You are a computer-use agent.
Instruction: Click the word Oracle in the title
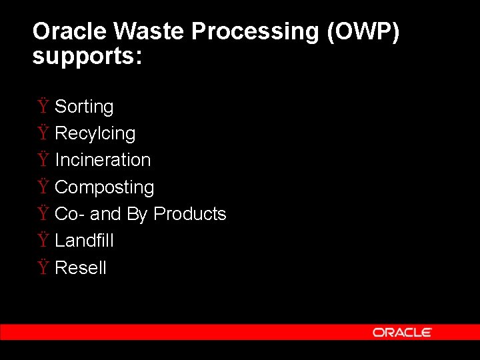pos(71,31)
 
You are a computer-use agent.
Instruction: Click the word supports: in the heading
pos(87,56)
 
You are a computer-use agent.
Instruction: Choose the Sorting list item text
pos(84,107)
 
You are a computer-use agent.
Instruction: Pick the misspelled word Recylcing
pos(95,133)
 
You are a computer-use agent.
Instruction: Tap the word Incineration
pos(103,160)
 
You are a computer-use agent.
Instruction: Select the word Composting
pos(104,187)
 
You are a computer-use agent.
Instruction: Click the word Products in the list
pos(190,214)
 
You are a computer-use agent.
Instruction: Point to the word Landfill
pos(84,241)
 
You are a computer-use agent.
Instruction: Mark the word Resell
pos(81,268)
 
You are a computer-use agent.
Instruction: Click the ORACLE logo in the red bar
pos(402,332)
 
